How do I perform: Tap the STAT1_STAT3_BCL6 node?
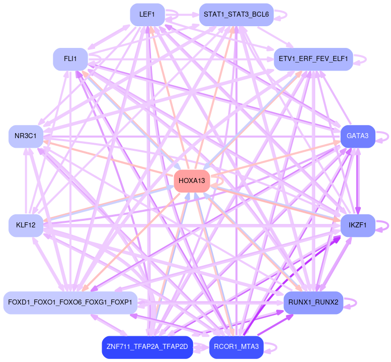point(236,15)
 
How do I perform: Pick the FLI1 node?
point(70,59)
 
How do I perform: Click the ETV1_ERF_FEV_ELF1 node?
point(312,59)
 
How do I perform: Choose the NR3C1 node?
point(26,137)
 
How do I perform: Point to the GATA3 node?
point(357,136)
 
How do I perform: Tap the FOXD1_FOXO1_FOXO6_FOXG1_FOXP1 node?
point(70,303)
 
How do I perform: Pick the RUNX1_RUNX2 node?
point(313,303)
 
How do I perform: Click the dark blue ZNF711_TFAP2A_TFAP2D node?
point(147,347)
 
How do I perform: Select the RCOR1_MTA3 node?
point(236,347)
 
